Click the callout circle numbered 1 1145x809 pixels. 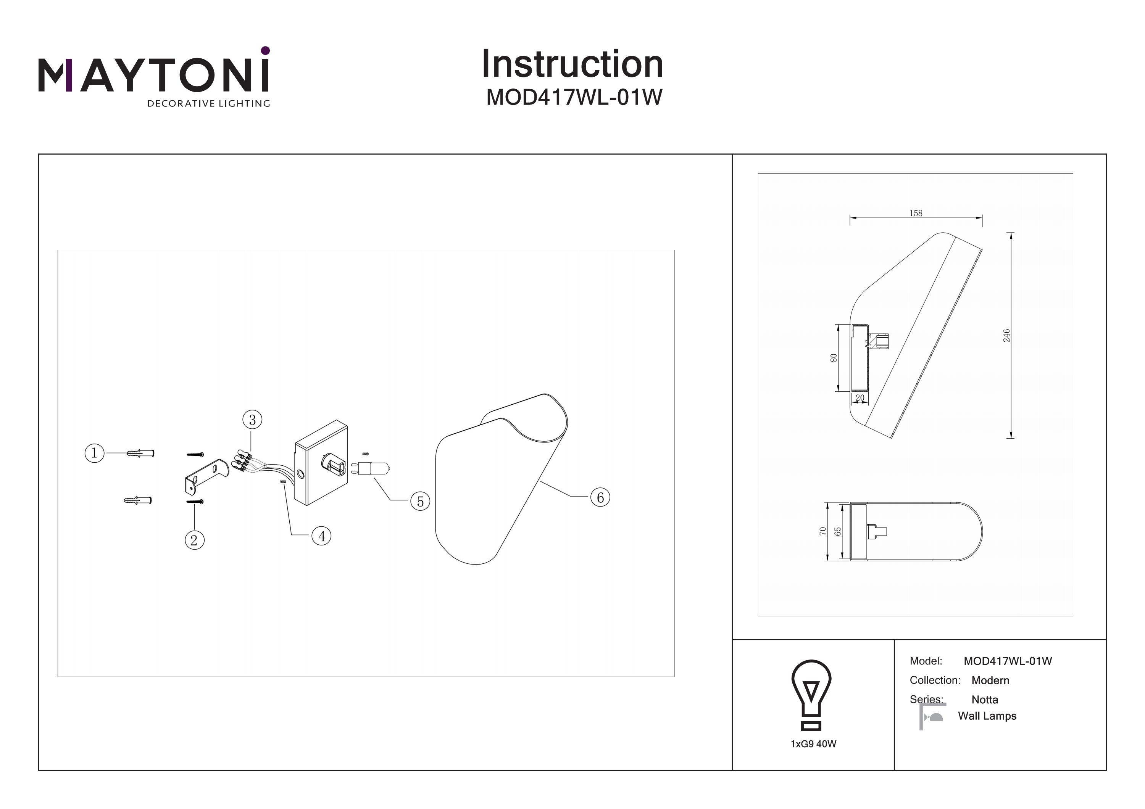[94, 453]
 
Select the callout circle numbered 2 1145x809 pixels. [195, 540]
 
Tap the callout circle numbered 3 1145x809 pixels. [252, 420]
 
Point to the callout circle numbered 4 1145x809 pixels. [322, 536]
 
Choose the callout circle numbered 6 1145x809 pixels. [600, 497]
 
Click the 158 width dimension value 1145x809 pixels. [916, 213]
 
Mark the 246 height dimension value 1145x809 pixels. [1006, 335]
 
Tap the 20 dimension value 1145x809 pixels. [860, 398]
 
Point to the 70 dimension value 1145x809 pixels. [823, 531]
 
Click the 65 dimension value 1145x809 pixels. [838, 531]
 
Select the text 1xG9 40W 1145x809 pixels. [813, 744]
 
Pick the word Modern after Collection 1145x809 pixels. [990, 680]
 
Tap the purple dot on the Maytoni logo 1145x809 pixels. [265, 50]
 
